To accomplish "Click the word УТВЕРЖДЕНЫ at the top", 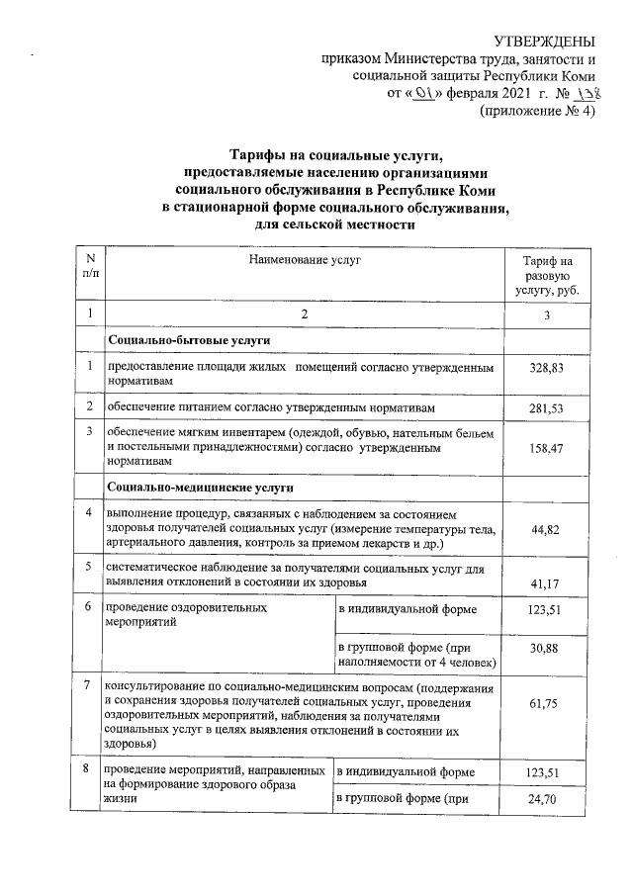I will pyautogui.click(x=544, y=41).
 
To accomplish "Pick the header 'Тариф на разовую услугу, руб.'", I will pyautogui.click(x=546, y=275).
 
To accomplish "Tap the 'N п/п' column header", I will pyautogui.click(x=90, y=266).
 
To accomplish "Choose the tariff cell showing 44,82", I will pyautogui.click(x=546, y=530).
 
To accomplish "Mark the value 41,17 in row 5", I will pyautogui.click(x=546, y=582).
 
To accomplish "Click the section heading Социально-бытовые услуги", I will pyautogui.click(x=190, y=340).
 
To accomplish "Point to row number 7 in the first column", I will pyautogui.click(x=90, y=685).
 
